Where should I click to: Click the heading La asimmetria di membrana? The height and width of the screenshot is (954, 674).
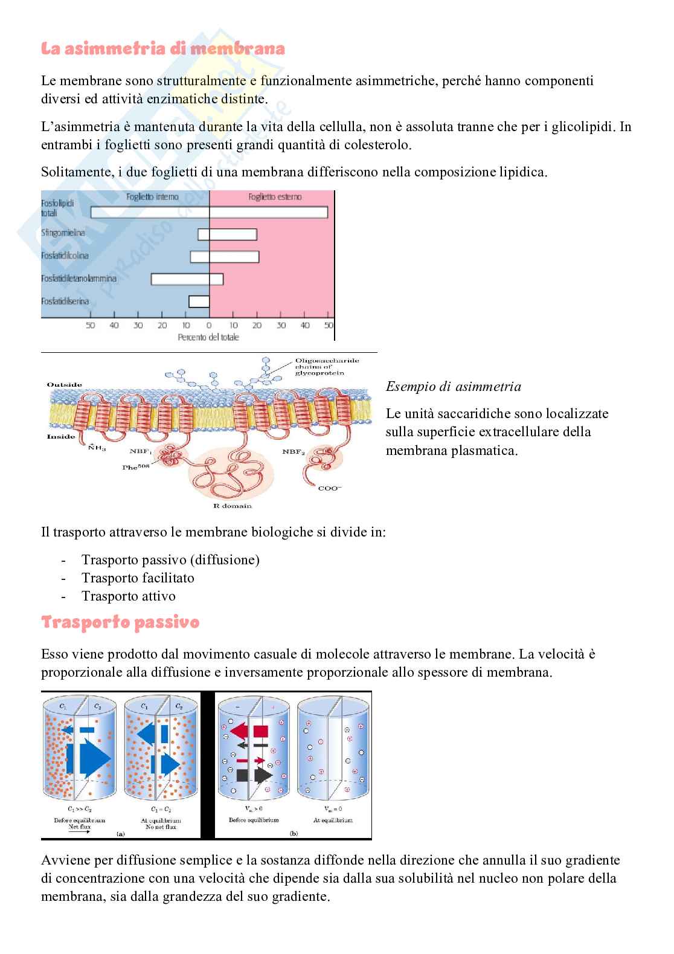(162, 49)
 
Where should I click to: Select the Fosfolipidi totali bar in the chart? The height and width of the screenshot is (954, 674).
(209, 212)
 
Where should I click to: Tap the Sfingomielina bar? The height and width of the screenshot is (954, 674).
(227, 234)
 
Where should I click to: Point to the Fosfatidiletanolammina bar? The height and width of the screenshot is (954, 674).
(187, 279)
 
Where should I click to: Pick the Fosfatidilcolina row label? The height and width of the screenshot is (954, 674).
(65, 256)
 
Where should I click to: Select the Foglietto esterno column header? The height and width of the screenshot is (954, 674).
(275, 197)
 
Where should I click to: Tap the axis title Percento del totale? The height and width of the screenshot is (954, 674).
(208, 337)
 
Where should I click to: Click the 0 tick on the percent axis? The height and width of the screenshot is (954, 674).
(210, 326)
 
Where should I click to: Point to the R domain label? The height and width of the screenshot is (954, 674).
(232, 506)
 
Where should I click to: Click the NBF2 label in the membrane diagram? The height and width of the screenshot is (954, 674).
(295, 451)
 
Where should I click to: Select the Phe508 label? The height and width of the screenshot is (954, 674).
(136, 466)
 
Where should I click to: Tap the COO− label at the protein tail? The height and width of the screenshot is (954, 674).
(329, 488)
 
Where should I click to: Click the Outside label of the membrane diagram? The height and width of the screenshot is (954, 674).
(64, 385)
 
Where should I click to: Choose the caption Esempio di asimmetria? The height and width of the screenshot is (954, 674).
(453, 387)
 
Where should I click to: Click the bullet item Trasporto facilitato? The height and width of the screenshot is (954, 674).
(138, 578)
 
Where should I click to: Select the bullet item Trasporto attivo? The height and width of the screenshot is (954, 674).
(129, 596)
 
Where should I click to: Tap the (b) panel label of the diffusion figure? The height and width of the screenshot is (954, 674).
(294, 834)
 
